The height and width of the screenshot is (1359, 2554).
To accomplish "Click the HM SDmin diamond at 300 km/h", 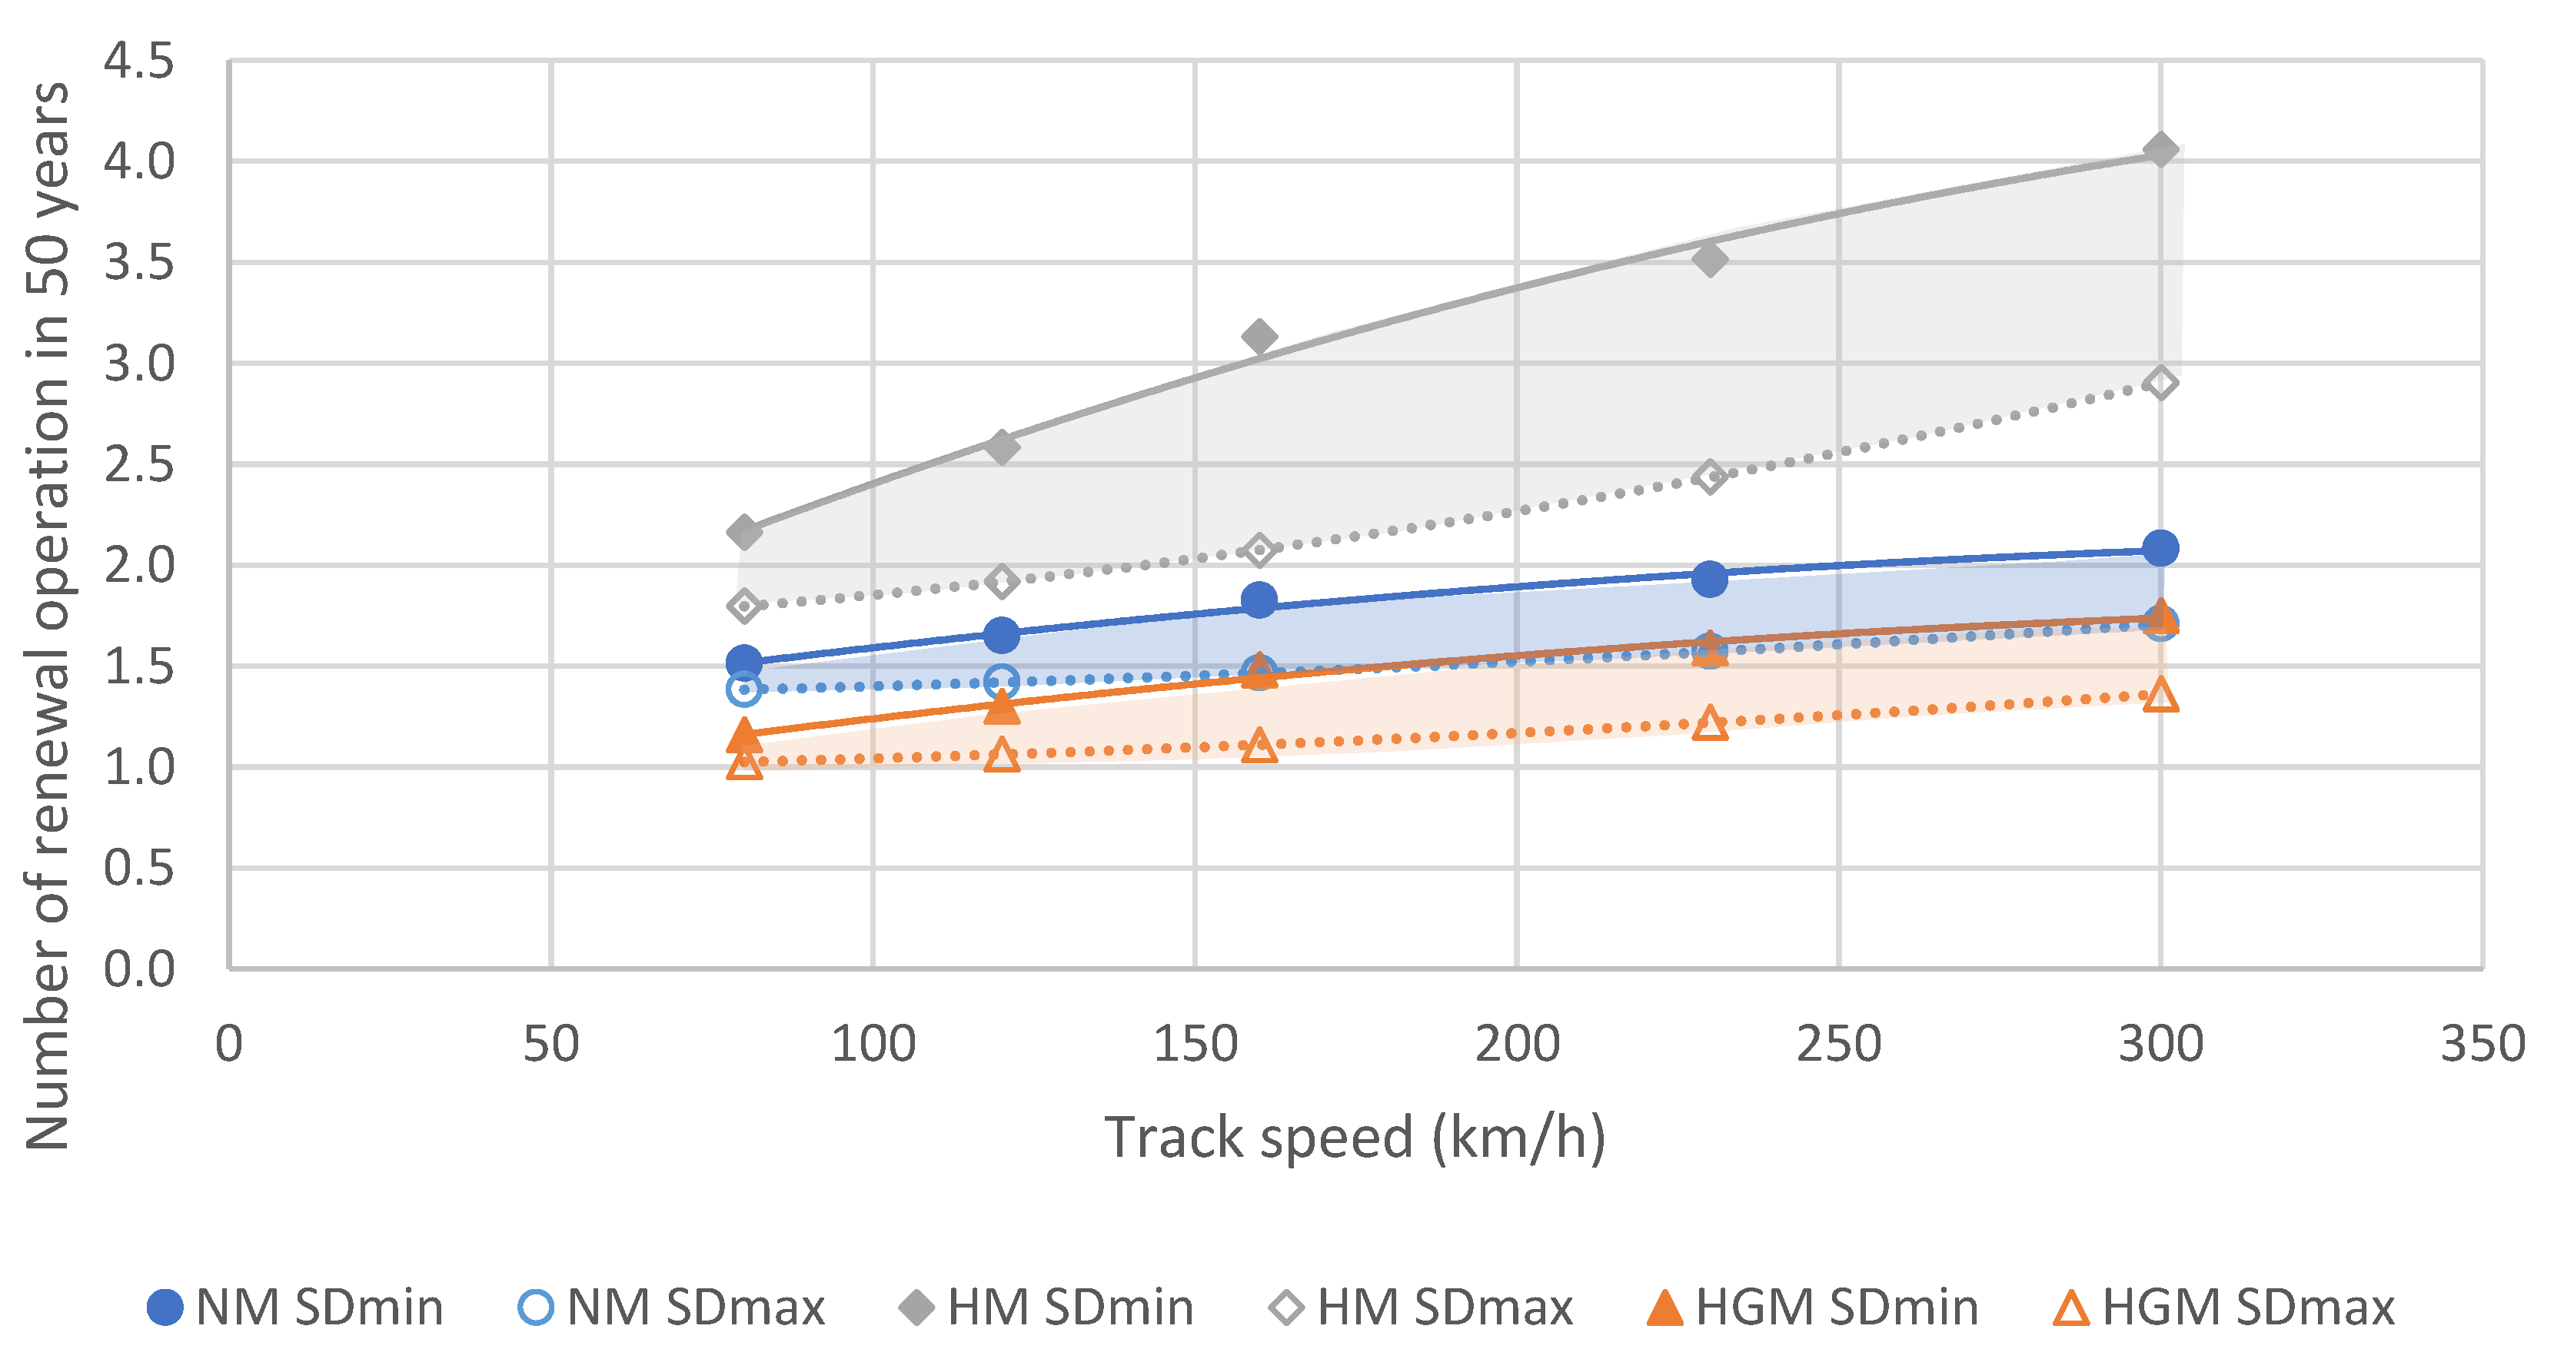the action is tap(2160, 151).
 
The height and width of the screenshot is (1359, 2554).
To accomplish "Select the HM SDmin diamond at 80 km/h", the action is tap(743, 532).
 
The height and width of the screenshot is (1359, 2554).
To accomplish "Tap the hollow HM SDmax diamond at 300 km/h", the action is tap(2160, 383).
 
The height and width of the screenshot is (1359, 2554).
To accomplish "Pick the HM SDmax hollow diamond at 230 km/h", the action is tap(1709, 477).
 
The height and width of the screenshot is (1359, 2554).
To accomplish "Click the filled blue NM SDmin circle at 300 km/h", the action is tap(2160, 548).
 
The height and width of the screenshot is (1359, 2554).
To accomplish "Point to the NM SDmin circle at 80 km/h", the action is tap(743, 662).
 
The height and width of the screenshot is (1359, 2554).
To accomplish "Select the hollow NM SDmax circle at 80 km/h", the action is tap(743, 689).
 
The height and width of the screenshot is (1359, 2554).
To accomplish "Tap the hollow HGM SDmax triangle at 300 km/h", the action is tap(2160, 696).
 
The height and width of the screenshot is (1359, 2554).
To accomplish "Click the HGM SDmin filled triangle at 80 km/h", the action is tap(743, 736).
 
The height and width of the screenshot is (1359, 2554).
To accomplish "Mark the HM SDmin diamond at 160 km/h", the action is tap(1259, 337).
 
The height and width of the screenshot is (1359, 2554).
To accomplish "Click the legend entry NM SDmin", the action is tap(294, 1307).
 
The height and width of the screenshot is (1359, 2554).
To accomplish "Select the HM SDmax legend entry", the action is tap(1420, 1307).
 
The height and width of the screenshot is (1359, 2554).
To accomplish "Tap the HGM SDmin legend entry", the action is tap(1812, 1307).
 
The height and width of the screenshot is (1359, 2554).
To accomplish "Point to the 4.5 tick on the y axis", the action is tap(139, 61).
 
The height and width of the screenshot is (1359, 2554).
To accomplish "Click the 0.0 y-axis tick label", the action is tap(139, 969).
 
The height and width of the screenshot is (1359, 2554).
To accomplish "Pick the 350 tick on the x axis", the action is tap(2483, 1044).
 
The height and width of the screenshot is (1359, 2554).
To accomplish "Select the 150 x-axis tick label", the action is tap(1195, 1044).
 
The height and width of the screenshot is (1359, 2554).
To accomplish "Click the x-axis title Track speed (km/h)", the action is tap(1355, 1137).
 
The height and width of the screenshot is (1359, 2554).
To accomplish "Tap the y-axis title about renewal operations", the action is tap(48, 616).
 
